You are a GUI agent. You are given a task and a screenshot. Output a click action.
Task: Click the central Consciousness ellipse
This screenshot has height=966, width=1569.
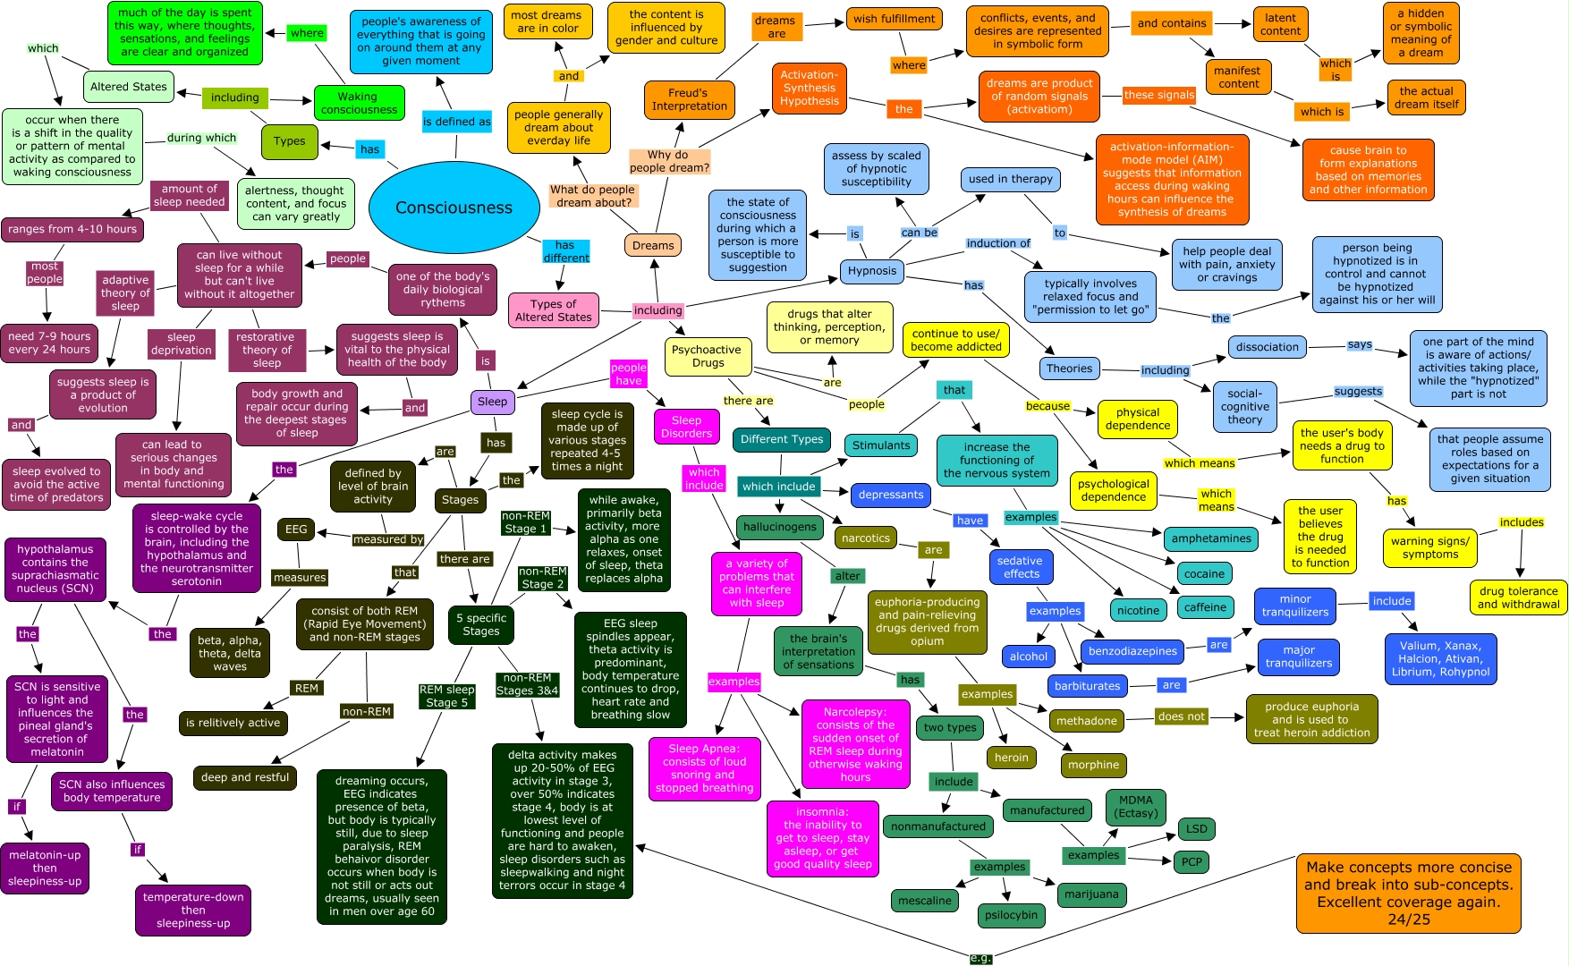[454, 208]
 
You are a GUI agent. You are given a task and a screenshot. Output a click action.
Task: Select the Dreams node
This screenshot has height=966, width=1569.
[653, 245]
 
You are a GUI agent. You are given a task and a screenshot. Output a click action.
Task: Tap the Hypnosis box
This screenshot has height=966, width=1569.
[871, 271]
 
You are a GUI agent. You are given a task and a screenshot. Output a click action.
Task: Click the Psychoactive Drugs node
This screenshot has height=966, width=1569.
[708, 356]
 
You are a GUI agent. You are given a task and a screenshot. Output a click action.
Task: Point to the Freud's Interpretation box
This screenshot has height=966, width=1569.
[689, 99]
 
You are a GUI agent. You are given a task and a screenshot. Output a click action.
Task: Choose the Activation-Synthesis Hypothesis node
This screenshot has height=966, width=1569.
[809, 88]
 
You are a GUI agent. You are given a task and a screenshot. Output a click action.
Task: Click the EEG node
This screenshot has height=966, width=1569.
[296, 530]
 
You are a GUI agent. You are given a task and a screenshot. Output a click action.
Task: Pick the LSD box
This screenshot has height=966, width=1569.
[1196, 829]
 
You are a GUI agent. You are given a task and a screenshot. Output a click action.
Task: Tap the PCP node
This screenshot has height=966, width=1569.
[1192, 861]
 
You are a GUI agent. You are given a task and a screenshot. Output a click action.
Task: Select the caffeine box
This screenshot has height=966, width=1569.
[1205, 607]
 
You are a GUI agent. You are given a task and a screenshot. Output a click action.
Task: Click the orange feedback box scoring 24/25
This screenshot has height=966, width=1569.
[1408, 893]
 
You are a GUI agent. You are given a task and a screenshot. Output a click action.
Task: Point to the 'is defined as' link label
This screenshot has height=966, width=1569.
[456, 122]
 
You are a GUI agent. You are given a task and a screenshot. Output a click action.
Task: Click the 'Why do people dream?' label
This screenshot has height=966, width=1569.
[668, 161]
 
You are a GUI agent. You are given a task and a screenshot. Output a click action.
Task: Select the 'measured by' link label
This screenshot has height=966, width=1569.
[388, 539]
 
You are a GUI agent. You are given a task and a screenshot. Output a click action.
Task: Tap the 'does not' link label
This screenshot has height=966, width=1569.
[1181, 716]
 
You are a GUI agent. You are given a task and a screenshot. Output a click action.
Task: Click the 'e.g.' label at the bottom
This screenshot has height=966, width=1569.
[980, 958]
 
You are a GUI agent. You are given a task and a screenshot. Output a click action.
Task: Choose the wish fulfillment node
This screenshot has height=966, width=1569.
[894, 19]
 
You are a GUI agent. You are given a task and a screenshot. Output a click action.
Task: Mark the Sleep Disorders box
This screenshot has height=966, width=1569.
[686, 427]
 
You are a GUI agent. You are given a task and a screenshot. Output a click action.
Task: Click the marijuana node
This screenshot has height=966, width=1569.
[1091, 894]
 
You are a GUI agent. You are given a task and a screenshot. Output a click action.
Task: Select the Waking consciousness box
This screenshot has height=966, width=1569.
[359, 103]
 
